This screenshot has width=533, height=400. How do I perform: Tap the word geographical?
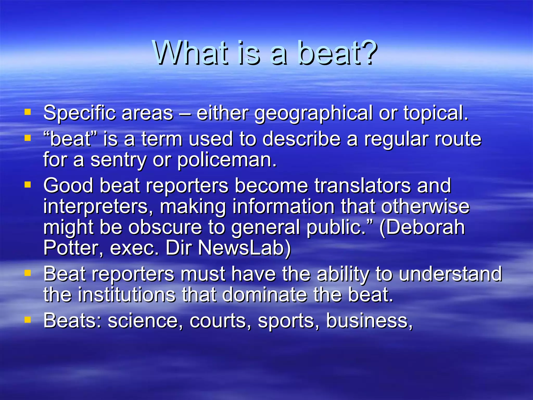(313, 114)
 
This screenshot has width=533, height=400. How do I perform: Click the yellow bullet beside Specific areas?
(28, 112)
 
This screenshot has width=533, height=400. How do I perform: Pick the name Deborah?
(422, 227)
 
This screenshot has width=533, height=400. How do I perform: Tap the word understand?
(450, 274)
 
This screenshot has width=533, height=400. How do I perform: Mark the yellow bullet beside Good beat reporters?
(28, 185)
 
